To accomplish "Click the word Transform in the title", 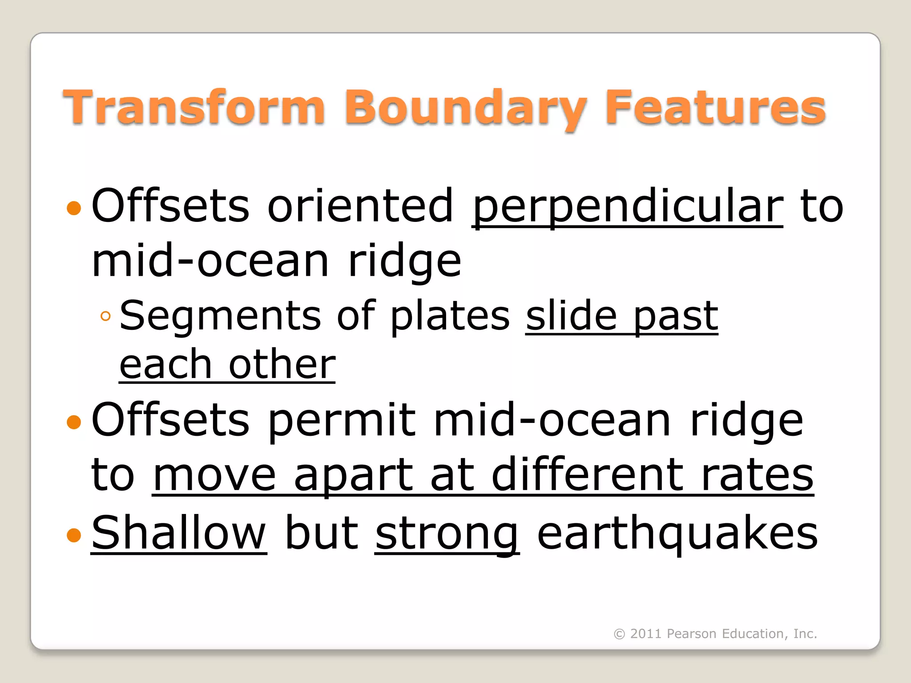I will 194,108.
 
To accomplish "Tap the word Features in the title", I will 715,108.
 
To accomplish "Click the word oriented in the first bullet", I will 360,205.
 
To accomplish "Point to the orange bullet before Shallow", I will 74,535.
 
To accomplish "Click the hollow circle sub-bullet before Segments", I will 105,316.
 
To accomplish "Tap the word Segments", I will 220,317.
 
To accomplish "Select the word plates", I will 450,317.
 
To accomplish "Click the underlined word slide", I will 571,316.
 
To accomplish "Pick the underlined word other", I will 282,365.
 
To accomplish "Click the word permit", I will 342,421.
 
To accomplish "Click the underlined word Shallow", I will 179,533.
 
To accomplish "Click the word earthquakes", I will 677,533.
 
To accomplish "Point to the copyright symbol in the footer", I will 619,634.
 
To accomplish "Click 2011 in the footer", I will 646,634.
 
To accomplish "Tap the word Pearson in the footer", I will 691,634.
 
